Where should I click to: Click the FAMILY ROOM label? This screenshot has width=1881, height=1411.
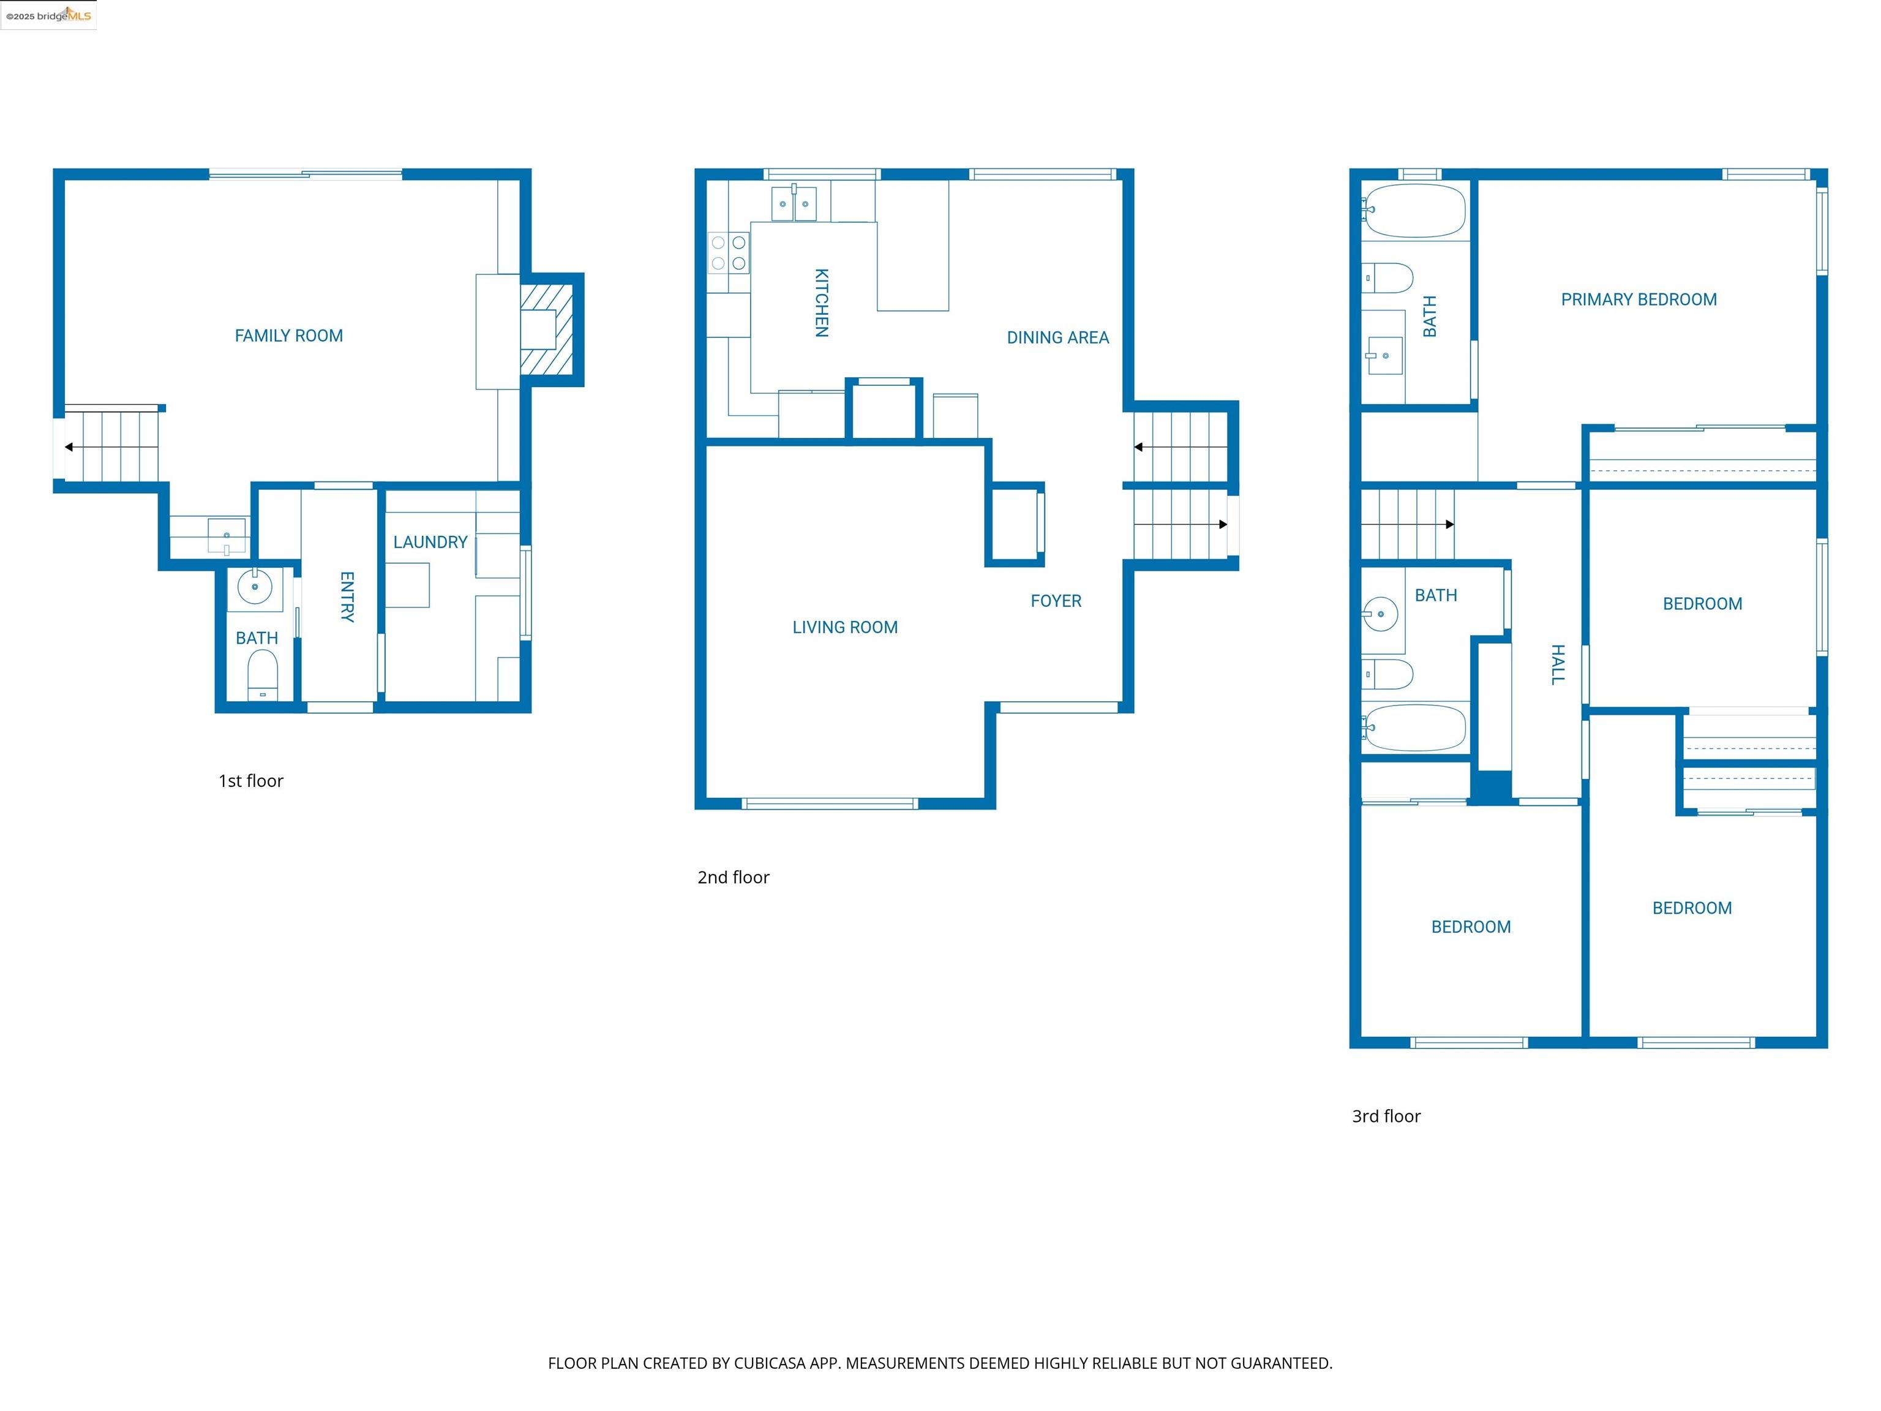click(x=288, y=336)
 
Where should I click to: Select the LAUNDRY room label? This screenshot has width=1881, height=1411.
click(x=430, y=542)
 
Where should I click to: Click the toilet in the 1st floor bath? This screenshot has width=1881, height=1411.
click(x=263, y=673)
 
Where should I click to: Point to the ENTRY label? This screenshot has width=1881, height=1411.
click(x=347, y=596)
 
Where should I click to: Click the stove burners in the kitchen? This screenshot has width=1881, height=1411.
click(x=729, y=252)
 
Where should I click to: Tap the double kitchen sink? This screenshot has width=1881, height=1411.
click(x=794, y=204)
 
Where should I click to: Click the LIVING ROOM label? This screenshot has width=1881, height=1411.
click(x=844, y=627)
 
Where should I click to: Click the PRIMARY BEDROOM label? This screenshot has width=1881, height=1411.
click(x=1638, y=299)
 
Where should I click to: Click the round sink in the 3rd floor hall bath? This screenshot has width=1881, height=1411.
click(x=1380, y=613)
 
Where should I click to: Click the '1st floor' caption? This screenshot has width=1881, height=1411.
click(x=251, y=781)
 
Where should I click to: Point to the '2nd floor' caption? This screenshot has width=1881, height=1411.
click(x=733, y=877)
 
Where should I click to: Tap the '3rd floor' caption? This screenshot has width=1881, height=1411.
click(x=1386, y=1116)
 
